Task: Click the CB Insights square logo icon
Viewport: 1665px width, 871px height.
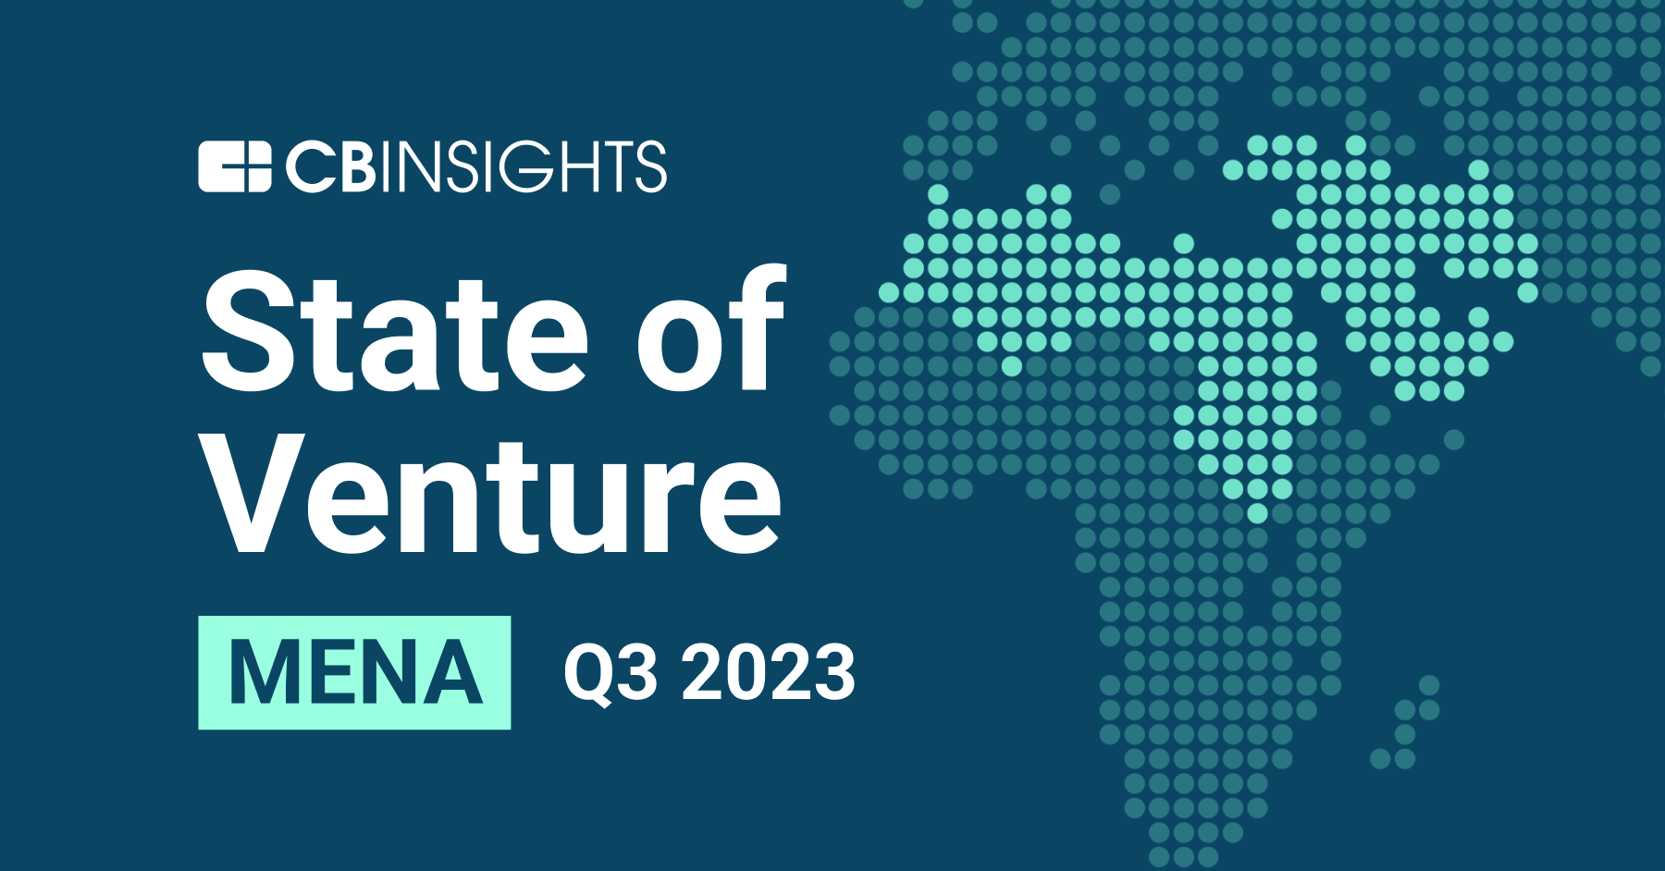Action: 234,167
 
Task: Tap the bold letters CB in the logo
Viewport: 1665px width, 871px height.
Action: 329,167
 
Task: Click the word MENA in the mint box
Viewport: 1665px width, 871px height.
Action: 355,672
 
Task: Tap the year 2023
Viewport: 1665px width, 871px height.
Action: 769,672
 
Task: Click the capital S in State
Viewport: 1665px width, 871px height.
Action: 245,332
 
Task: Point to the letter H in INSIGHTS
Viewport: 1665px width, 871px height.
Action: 581,167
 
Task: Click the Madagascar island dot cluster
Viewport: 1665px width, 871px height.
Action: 1411,722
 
